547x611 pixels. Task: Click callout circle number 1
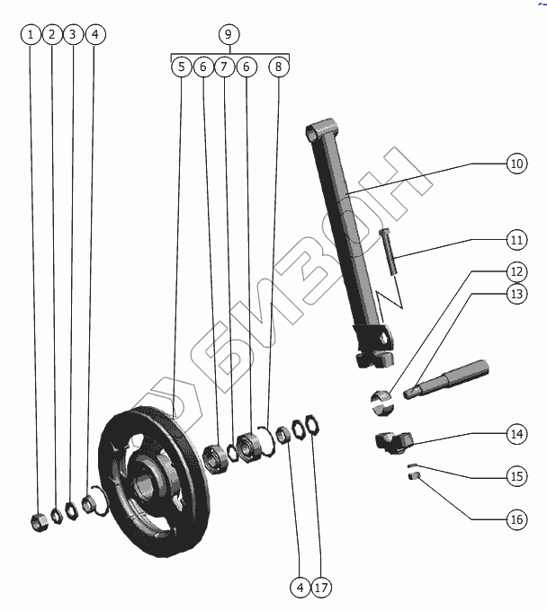(31, 35)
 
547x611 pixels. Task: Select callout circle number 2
(52, 35)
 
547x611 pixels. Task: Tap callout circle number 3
(74, 35)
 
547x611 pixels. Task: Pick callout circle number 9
(229, 35)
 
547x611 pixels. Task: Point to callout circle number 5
(182, 66)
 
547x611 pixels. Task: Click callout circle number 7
(225, 66)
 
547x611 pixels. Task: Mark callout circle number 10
(516, 164)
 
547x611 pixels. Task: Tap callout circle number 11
(516, 241)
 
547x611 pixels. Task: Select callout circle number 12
(516, 270)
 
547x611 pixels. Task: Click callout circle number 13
(516, 293)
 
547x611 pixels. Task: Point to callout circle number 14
(516, 434)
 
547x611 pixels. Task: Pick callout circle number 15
(516, 477)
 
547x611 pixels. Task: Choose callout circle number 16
(516, 519)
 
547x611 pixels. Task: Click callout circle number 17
(322, 589)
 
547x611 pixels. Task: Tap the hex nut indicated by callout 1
(38, 520)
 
